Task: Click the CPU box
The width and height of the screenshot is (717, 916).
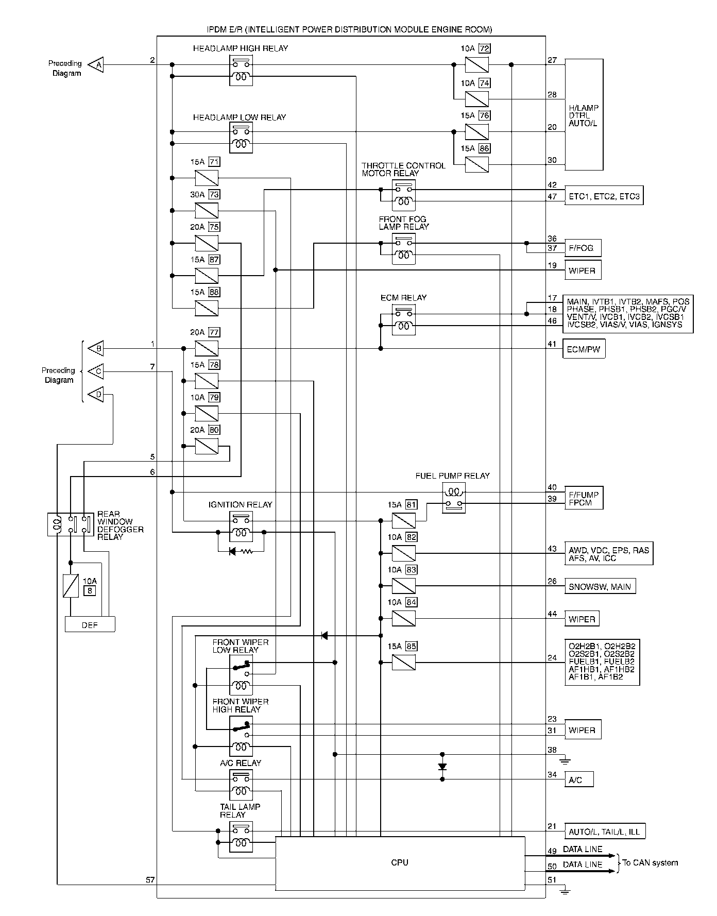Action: point(400,862)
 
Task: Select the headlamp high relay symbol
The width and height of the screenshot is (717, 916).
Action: point(241,71)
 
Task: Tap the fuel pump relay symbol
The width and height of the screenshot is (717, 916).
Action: point(454,498)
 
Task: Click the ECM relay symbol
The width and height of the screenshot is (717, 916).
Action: point(403,320)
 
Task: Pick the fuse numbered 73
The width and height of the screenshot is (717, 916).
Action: point(207,211)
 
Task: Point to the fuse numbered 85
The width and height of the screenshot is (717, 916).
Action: point(404,662)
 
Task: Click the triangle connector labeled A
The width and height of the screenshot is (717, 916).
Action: point(96,65)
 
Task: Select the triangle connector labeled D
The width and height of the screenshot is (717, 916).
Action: point(96,395)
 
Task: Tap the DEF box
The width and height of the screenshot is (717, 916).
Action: point(90,625)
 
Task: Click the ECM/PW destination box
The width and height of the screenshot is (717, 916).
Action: point(584,349)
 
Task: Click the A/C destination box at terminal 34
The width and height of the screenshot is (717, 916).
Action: point(579,779)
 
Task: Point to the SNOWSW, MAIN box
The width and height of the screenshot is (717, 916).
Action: point(600,586)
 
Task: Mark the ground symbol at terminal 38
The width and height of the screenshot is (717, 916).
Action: point(565,760)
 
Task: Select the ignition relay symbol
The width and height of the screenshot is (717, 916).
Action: point(241,526)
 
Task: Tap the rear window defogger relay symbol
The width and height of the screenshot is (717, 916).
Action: point(71,524)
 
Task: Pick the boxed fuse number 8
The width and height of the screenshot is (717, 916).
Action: point(90,590)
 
